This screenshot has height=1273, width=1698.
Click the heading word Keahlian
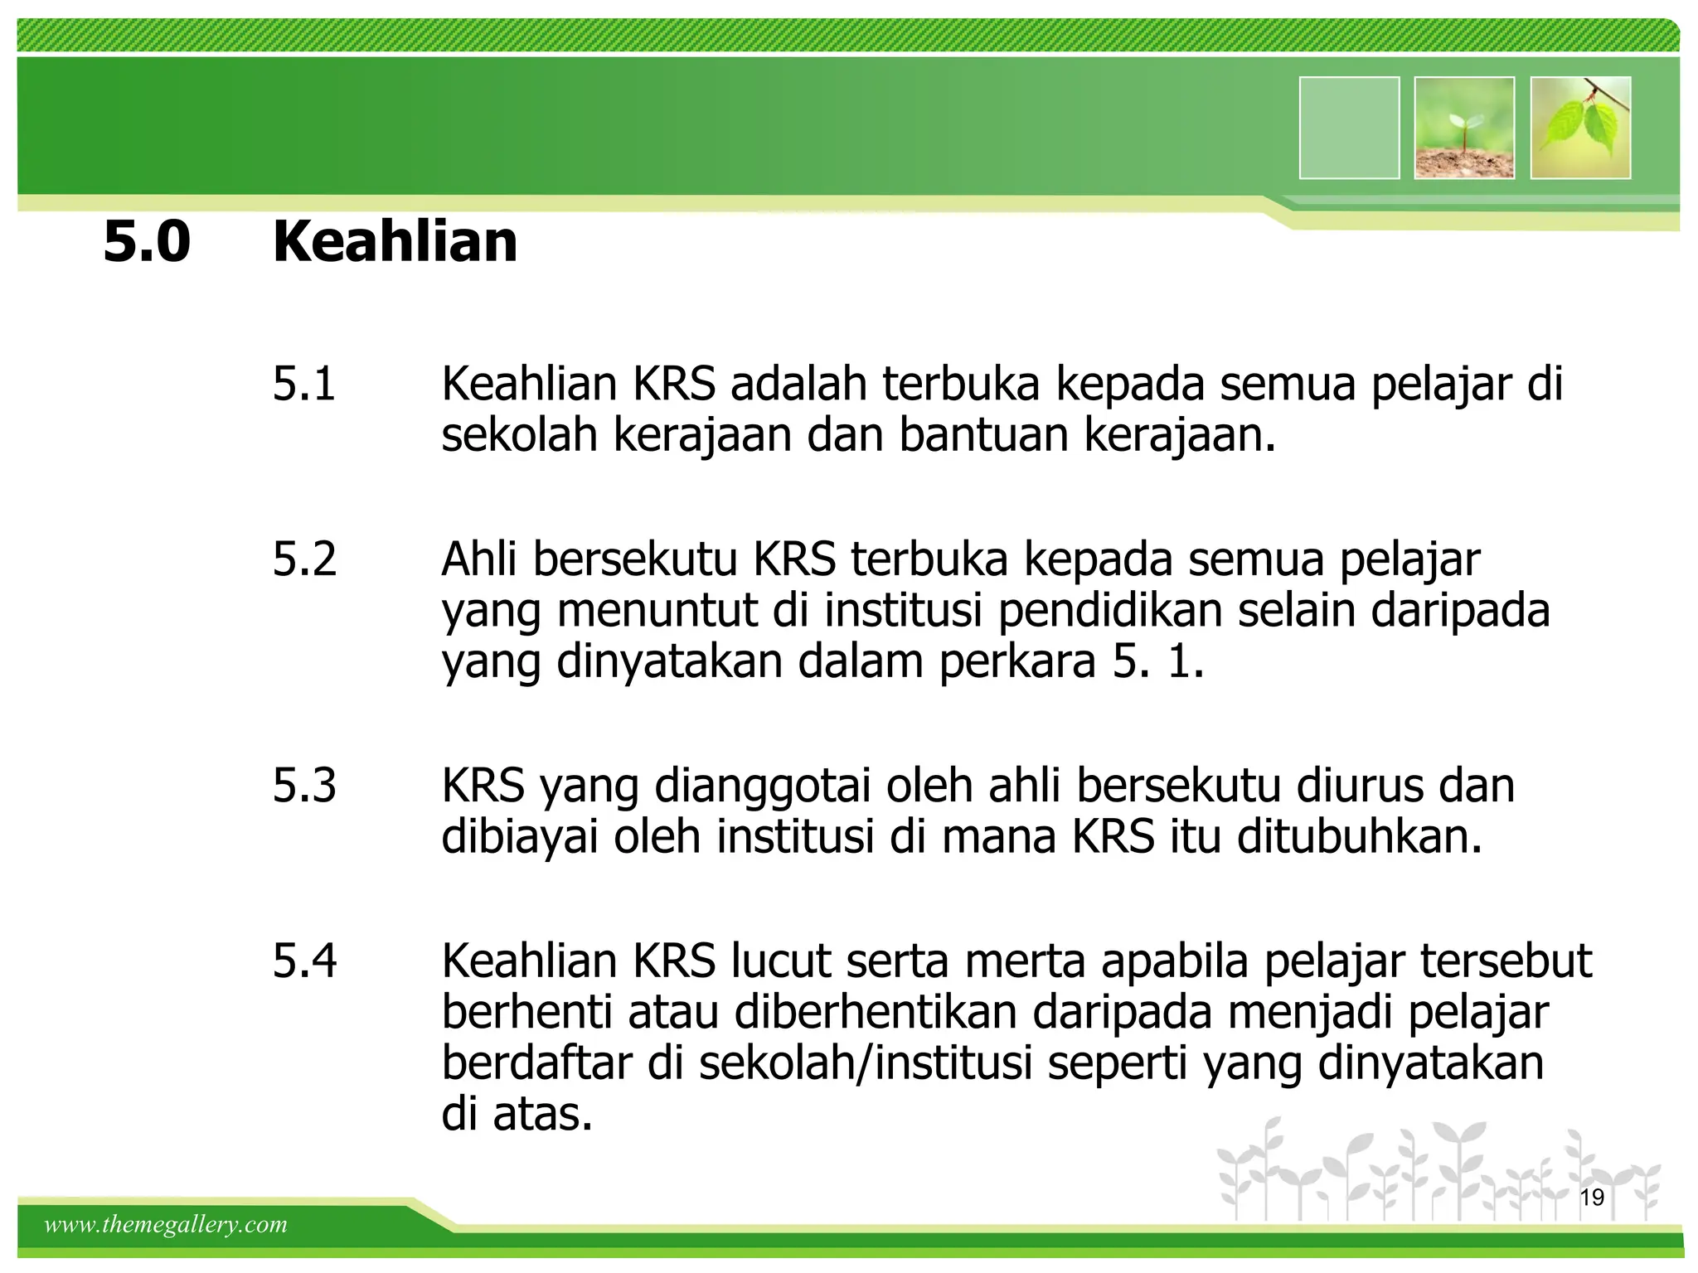coord(395,241)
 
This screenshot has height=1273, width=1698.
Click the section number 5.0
coord(147,241)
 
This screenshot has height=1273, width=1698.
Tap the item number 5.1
coord(304,384)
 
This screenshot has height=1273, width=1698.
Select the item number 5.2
coord(304,559)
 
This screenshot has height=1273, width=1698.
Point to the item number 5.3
coord(304,785)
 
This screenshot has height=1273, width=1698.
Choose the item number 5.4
coord(304,961)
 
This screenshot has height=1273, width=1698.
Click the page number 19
coord(1592,1197)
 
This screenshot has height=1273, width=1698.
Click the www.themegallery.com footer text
coord(166,1224)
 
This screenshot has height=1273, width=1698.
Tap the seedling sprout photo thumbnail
coord(1464,128)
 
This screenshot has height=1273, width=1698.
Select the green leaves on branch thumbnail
coord(1580,128)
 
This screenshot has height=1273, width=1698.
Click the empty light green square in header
coord(1349,128)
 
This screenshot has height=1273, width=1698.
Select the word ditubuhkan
coord(1359,837)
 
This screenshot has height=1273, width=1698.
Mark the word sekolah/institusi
coord(865,1063)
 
